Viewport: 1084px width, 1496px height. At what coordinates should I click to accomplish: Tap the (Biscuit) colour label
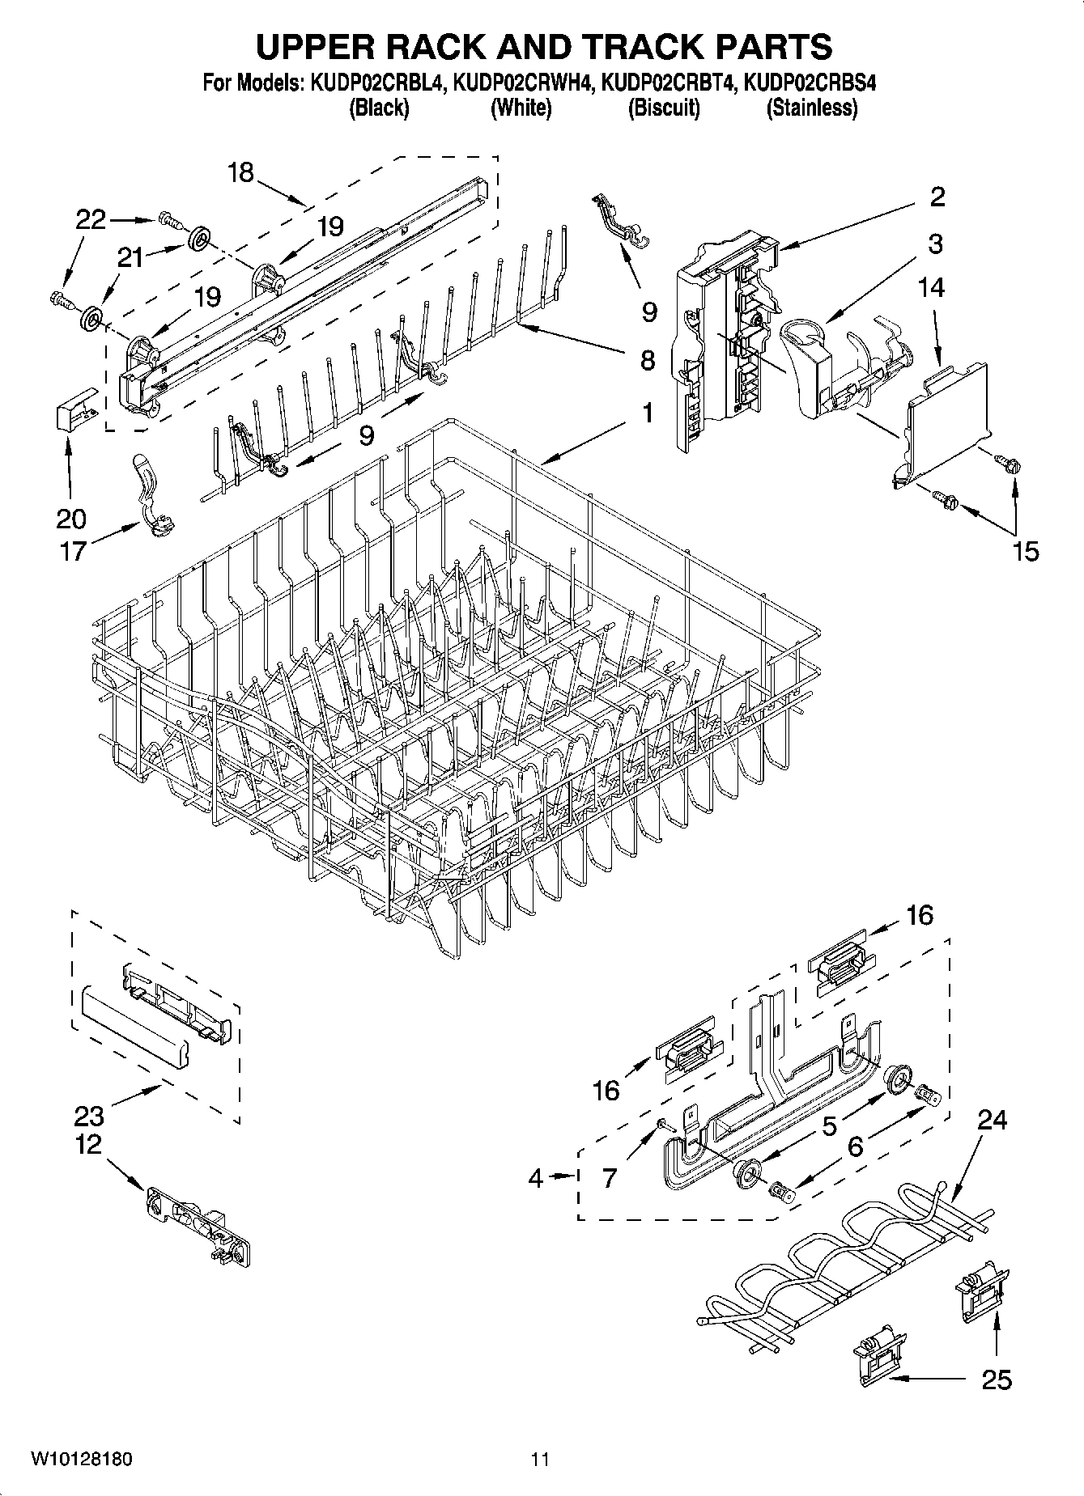[664, 108]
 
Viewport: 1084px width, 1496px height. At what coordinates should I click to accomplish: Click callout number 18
[241, 172]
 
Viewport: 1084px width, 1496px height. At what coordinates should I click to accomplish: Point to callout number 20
[70, 518]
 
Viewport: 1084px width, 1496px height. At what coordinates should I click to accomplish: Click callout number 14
[932, 286]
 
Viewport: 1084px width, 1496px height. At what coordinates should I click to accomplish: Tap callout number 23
[89, 1116]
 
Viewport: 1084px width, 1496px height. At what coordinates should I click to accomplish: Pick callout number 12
[89, 1144]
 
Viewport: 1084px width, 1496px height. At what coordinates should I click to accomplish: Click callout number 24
[992, 1120]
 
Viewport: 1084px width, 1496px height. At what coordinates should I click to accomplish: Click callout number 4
[536, 1178]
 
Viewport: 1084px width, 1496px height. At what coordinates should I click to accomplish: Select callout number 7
[610, 1178]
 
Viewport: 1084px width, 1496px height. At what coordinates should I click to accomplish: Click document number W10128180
[81, 1459]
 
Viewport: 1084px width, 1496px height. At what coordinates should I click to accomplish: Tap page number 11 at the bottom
[540, 1459]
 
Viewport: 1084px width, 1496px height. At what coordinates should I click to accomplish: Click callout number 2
[937, 197]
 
